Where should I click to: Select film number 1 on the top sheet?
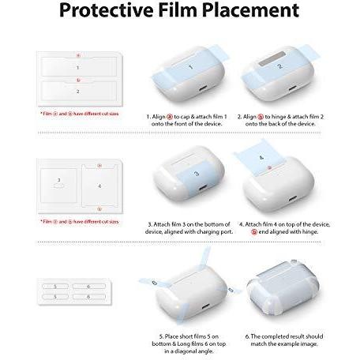(x=77, y=68)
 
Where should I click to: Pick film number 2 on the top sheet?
(x=77, y=92)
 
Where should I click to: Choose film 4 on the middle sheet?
(x=99, y=186)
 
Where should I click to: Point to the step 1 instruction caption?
(x=181, y=120)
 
